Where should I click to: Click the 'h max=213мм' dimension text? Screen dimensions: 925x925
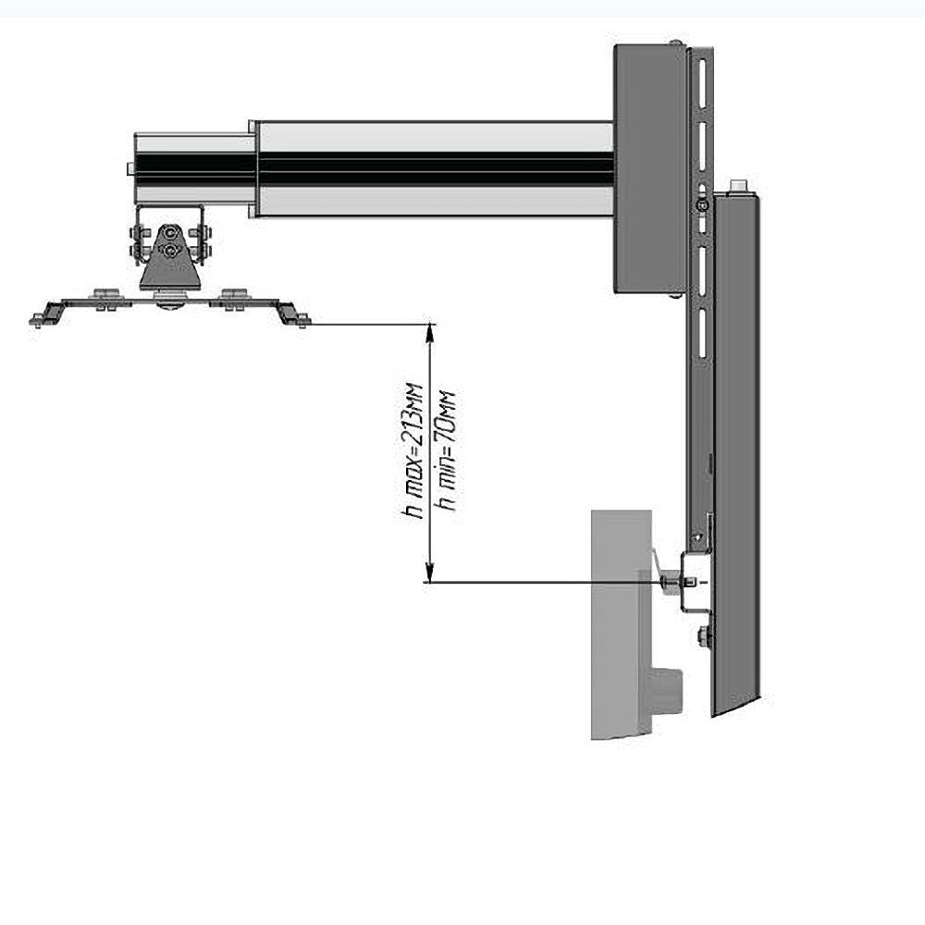412,451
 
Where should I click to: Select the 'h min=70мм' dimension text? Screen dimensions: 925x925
445,451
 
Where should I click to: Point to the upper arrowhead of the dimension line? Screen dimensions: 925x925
430,333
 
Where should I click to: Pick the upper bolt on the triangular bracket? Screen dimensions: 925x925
170,232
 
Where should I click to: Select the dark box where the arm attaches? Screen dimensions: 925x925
649,168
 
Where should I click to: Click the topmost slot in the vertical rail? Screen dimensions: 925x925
702,82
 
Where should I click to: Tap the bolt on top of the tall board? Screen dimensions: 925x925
738,186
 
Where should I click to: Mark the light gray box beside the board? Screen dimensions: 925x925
622,624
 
